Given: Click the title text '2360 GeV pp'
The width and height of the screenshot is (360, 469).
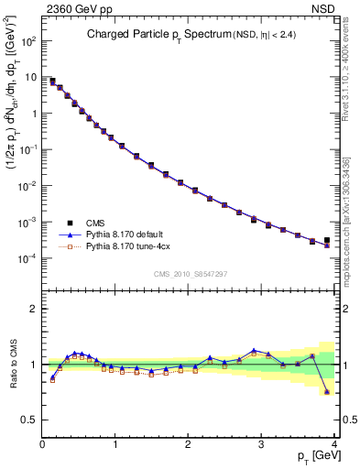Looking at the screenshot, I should pyautogui.click(x=71, y=11).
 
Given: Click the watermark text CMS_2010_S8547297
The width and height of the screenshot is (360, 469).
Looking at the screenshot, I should pyautogui.click(x=190, y=274).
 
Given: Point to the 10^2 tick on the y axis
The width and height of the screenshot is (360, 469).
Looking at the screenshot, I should pyautogui.click(x=30, y=41).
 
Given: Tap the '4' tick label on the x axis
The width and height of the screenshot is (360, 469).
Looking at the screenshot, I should pyautogui.click(x=334, y=444).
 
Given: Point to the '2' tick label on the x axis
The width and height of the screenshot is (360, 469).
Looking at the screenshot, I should pyautogui.click(x=189, y=444).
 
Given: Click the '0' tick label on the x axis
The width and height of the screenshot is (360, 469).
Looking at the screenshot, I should pyautogui.click(x=42, y=444).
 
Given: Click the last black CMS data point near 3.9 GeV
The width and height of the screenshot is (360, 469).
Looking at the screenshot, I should pyautogui.click(x=327, y=240).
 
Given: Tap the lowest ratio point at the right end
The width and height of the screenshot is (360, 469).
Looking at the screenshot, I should pyautogui.click(x=327, y=392).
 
